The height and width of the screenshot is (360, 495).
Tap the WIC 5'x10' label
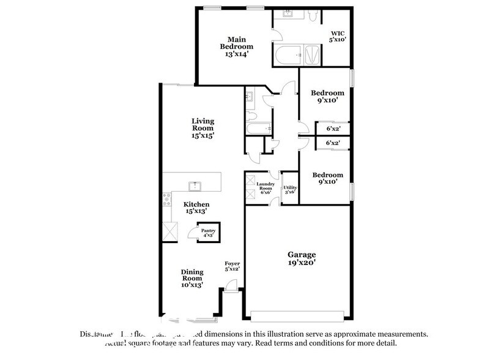338,36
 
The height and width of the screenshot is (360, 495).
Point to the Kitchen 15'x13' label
196,208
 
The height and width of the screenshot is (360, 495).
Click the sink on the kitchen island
195,184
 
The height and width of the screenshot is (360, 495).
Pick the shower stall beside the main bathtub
311,56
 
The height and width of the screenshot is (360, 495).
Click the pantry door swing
192,233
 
